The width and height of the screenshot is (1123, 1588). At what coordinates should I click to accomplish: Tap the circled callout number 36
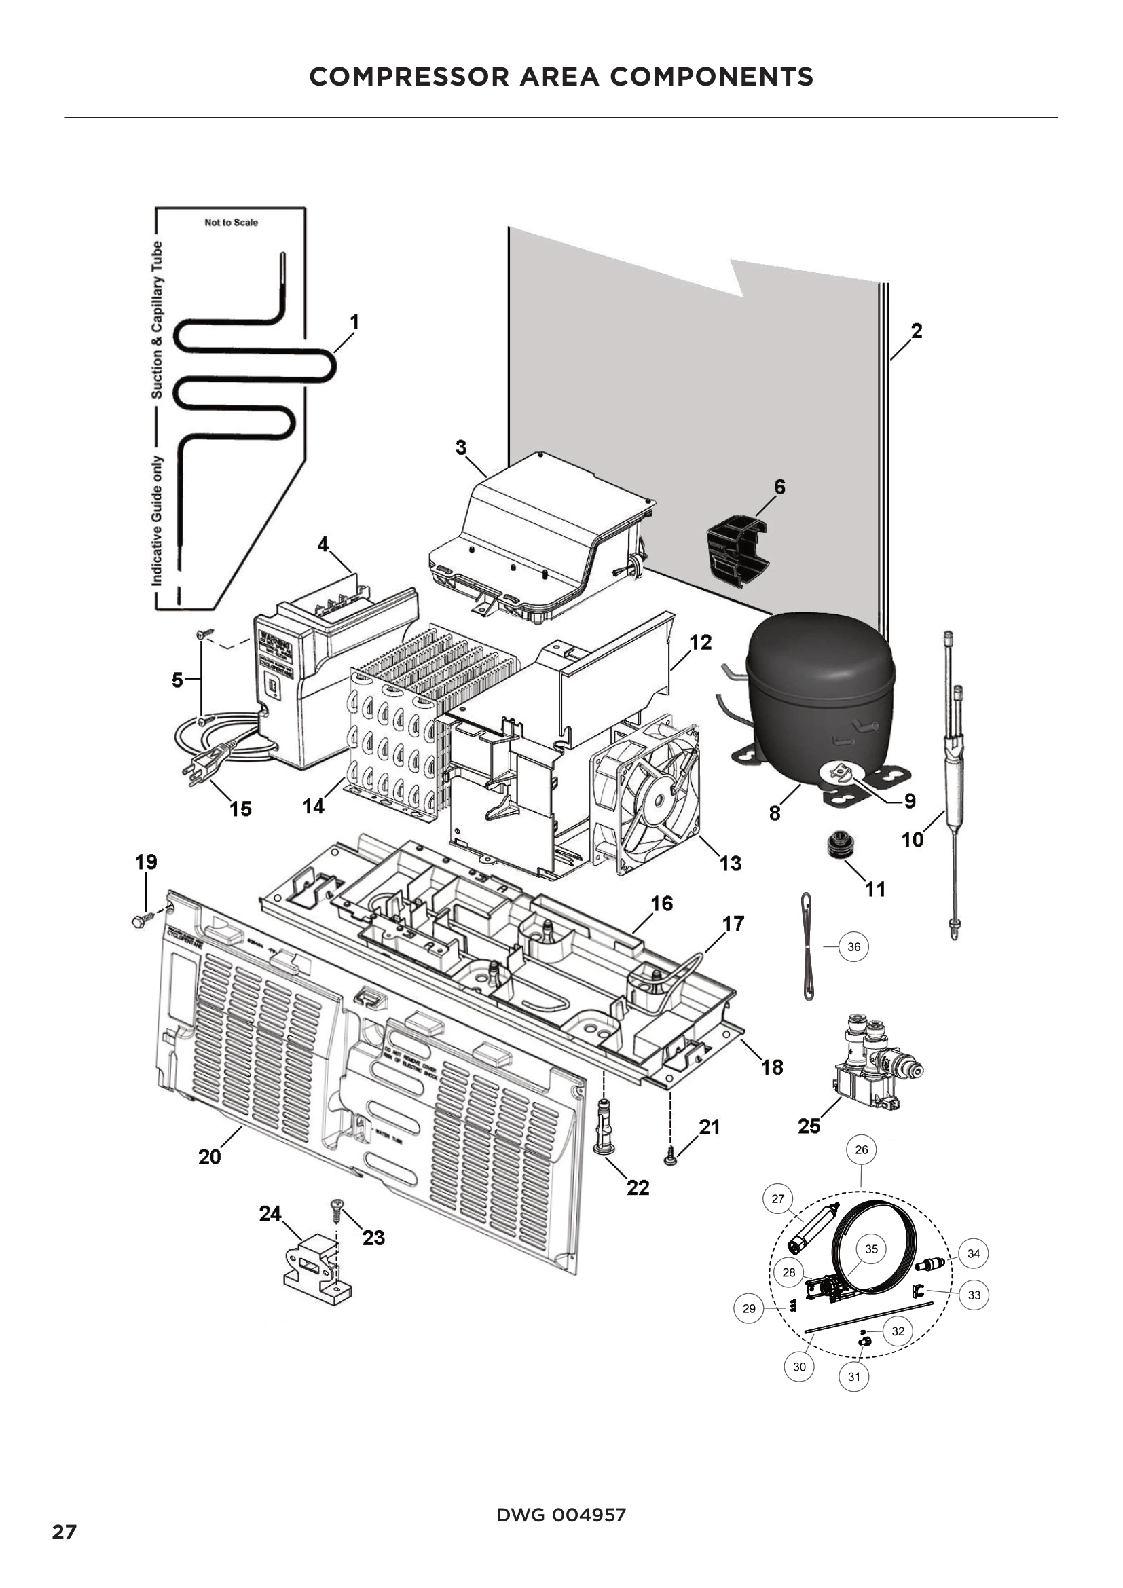pyautogui.click(x=854, y=947)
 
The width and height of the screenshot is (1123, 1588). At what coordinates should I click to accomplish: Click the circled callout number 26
pyautogui.click(x=862, y=1149)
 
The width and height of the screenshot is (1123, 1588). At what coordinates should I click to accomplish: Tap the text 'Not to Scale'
pyautogui.click(x=231, y=223)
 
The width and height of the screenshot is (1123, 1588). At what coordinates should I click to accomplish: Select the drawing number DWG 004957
pyautogui.click(x=561, y=1515)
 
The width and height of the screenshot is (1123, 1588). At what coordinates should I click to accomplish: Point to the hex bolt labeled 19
pyautogui.click(x=140, y=921)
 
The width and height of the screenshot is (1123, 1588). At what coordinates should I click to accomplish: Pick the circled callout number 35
pyautogui.click(x=871, y=1249)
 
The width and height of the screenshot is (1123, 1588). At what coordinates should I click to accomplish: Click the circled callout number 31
pyautogui.click(x=854, y=1376)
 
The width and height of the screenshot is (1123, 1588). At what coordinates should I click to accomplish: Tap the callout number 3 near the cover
pyautogui.click(x=461, y=447)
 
